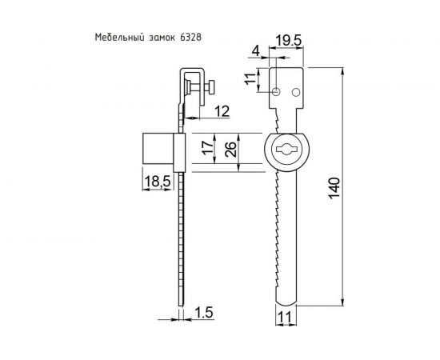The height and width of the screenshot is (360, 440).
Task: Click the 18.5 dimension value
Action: pos(156,182)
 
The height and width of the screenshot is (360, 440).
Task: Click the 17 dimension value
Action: pos(206,150)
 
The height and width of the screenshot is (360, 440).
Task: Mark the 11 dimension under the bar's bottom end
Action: pos(286,318)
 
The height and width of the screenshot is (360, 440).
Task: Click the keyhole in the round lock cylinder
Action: pos(286,150)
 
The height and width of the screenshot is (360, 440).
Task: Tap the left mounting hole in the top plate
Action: pos(276,93)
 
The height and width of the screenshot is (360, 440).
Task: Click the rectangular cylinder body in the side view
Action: pos(158,150)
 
